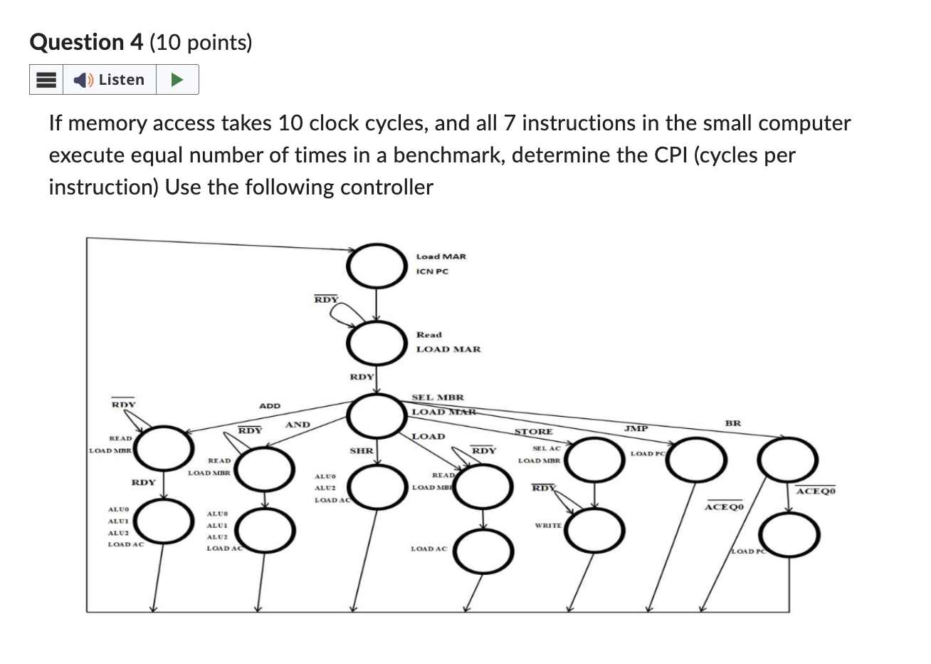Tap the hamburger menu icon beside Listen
46,80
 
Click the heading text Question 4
87,43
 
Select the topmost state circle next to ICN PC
375,264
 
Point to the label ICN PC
432,271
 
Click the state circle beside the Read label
375,342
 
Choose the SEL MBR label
437,398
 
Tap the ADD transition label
270,406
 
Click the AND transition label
298,425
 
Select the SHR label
361,451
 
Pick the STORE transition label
533,432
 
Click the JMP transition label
636,428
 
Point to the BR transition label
732,423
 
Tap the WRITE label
548,525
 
